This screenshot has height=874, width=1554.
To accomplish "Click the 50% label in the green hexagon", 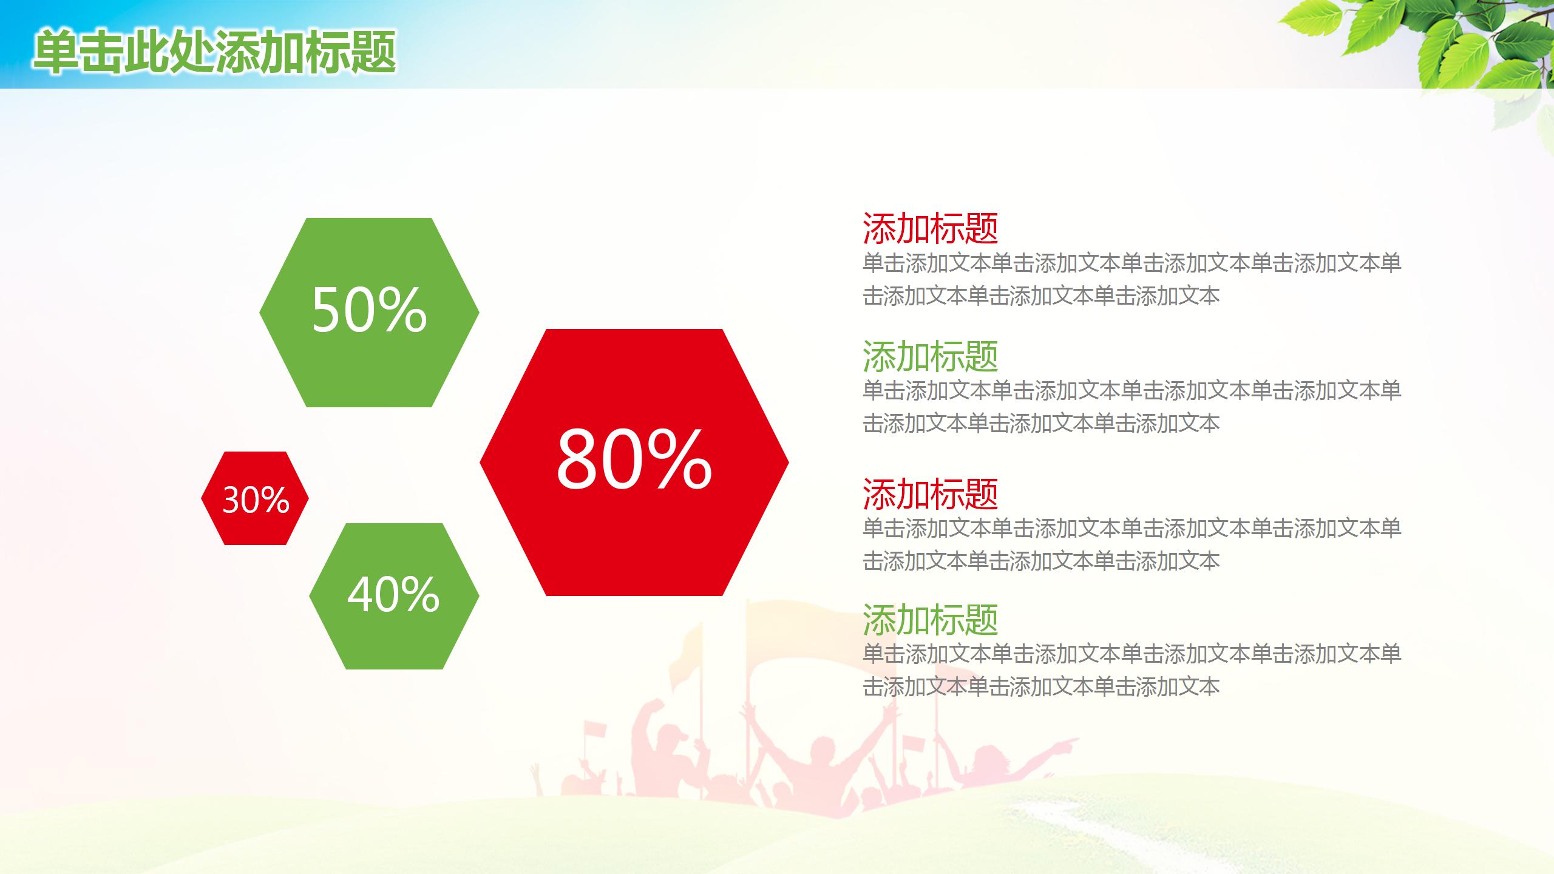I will point(369,310).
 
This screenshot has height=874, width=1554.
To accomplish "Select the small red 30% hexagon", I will point(255,499).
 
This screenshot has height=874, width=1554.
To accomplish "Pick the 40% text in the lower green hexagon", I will point(393,595).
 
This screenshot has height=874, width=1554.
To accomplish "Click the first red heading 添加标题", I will point(930,228).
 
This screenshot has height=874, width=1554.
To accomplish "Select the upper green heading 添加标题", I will point(930,356).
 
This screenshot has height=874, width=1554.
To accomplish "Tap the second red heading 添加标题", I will point(930,494).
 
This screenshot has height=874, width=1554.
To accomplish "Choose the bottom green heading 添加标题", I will point(930,620).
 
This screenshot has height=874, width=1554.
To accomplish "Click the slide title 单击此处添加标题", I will point(215,53).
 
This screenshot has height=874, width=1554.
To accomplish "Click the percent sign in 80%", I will point(679,460).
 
